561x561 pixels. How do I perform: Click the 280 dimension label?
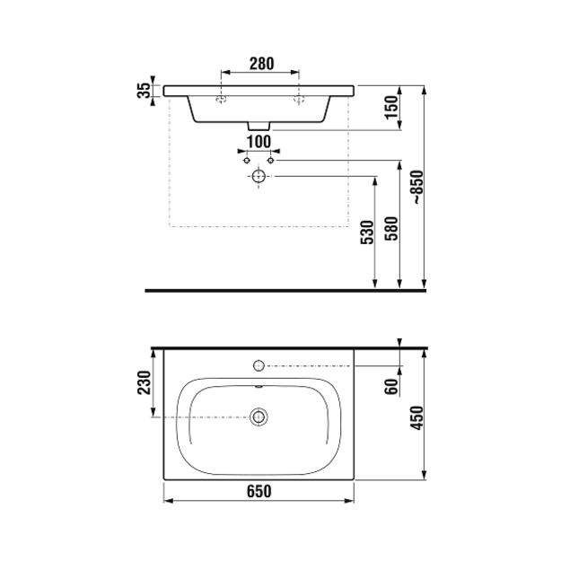[261, 64]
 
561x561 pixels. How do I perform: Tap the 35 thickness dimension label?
[144, 91]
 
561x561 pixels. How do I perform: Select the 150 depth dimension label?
[391, 108]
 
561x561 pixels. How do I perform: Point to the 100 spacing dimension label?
[259, 142]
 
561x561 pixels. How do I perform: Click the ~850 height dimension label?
[417, 187]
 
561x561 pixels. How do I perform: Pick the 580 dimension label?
[391, 229]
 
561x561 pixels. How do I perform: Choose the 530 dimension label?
[367, 232]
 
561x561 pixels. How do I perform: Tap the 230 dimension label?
[145, 382]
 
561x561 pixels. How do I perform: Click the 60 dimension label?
[391, 386]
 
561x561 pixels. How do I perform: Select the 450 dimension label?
[416, 417]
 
